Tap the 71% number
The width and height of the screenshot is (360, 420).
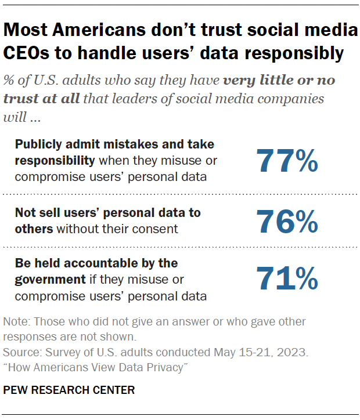287,279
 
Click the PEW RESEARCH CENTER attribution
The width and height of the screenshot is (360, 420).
69,390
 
